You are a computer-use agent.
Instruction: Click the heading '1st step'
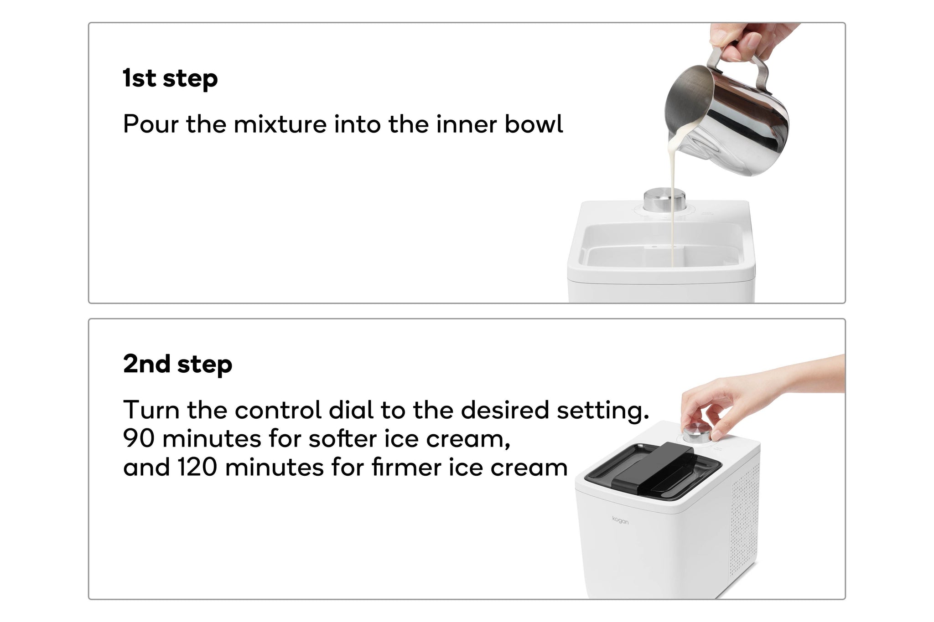(170, 78)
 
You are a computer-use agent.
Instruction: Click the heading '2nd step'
(177, 364)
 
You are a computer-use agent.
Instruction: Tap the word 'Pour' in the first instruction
(150, 124)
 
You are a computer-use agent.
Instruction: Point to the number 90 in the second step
(139, 438)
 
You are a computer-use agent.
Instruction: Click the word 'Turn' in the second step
(151, 410)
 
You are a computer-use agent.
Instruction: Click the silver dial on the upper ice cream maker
(664, 200)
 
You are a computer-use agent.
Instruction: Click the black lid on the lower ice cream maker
(653, 470)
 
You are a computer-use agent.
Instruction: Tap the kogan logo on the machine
(620, 520)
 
